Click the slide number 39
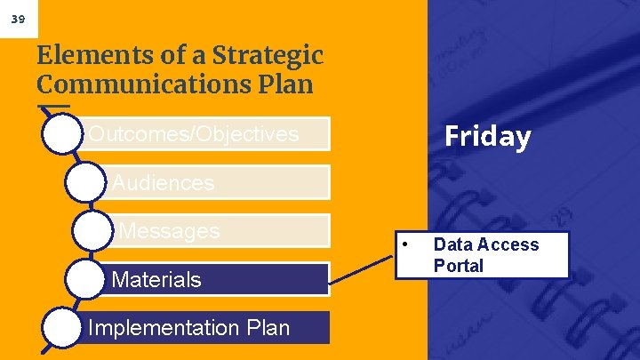18,17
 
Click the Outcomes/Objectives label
193,134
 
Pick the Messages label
169,231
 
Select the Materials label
156,280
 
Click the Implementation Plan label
189,327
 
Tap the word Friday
487,136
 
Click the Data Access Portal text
485,255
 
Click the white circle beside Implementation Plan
61,327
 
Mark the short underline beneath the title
53,108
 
